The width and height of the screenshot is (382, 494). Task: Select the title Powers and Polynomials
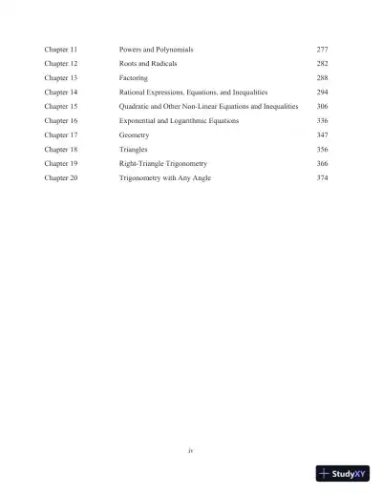[x=157, y=48]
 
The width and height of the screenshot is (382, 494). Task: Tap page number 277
[x=322, y=48]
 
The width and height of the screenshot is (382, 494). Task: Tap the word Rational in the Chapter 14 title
[x=134, y=93]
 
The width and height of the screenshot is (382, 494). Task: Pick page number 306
[x=322, y=107]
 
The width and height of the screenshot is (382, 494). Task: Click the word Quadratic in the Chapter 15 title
[x=136, y=107]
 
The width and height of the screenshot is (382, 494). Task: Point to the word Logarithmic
[x=190, y=122]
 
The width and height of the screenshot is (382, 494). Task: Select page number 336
[x=322, y=122]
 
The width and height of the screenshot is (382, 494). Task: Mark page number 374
[x=322, y=179]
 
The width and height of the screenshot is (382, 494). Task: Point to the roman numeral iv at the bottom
[x=191, y=443]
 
